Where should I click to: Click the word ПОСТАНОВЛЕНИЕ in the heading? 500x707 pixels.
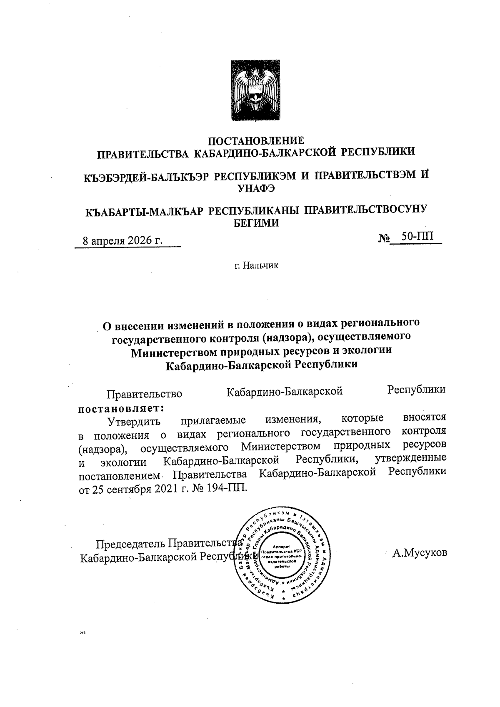coord(256,140)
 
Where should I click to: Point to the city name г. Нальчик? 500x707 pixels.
coord(256,265)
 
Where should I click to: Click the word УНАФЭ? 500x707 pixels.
coord(256,189)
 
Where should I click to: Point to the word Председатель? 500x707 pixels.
coord(127,544)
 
